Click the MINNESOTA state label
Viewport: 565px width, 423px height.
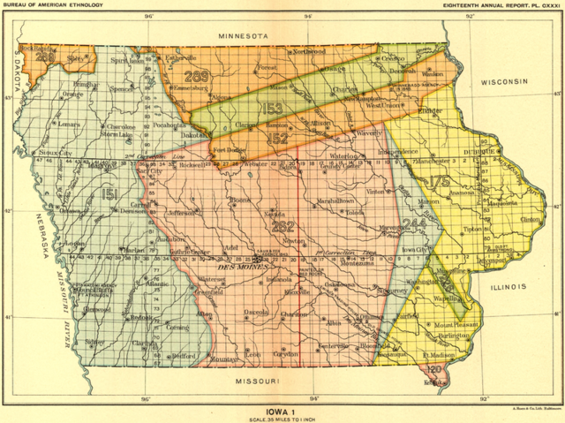pyautogui.click(x=244, y=34)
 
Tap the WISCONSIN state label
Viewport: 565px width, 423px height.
pyautogui.click(x=504, y=81)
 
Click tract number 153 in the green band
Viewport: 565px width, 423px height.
pyautogui.click(x=270, y=109)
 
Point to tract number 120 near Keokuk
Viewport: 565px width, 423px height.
pyautogui.click(x=433, y=368)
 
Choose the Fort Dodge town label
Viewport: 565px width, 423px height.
pyautogui.click(x=230, y=150)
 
